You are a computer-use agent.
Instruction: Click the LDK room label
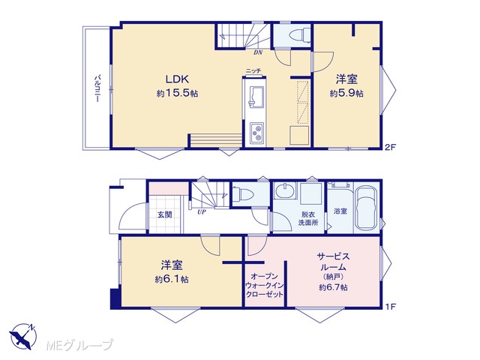177,79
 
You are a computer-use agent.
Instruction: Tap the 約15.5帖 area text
177,93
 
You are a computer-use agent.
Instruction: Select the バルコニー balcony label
97,88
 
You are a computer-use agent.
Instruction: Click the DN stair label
258,52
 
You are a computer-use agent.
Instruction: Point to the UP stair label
202,211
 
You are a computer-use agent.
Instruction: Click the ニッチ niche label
253,71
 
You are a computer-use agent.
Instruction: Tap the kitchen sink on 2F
256,97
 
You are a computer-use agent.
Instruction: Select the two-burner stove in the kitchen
256,133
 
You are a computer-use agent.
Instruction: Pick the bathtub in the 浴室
366,208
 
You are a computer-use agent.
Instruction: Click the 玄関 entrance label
165,214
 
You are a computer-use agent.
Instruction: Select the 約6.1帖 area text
172,280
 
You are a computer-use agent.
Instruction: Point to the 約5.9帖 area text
346,93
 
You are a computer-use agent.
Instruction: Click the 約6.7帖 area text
333,287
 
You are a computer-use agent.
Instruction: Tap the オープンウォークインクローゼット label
264,285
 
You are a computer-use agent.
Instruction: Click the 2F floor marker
391,147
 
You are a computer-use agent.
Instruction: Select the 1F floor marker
391,306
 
